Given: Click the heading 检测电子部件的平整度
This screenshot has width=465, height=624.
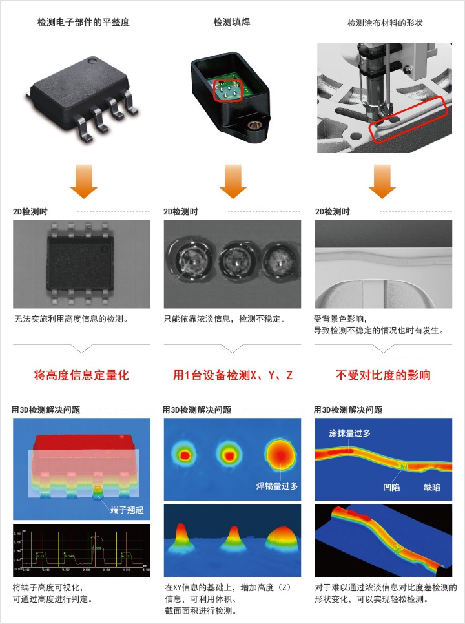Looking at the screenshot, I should click(83, 23).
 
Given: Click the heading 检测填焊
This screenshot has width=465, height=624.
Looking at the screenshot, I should click(232, 23).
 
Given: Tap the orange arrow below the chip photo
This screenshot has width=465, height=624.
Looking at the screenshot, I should click(83, 182).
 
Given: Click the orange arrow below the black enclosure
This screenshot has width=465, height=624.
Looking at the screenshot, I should click(232, 182).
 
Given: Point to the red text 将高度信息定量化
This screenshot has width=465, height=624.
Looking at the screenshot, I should click(81, 375).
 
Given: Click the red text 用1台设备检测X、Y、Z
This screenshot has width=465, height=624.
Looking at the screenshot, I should click(232, 375).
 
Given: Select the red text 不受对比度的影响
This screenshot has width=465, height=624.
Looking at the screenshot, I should click(383, 375).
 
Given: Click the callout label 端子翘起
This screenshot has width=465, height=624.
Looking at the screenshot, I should click(127, 510).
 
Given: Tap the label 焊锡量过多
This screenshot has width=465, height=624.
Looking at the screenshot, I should click(277, 486).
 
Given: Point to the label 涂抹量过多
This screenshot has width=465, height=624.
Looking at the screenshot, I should click(349, 433).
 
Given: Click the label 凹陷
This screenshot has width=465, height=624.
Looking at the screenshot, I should click(391, 487).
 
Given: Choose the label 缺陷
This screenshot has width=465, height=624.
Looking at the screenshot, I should click(432, 487).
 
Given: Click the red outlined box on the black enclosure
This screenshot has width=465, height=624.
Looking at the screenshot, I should click(227, 90).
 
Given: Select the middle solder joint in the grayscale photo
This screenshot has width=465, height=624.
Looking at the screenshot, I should click(232, 260).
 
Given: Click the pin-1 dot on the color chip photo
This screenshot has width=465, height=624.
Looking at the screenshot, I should click(92, 61).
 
